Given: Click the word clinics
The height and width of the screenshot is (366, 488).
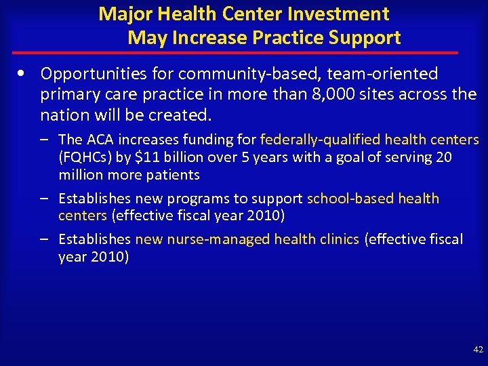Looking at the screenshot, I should coord(336,239).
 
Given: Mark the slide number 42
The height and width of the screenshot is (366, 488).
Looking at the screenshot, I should coord(478,350).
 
